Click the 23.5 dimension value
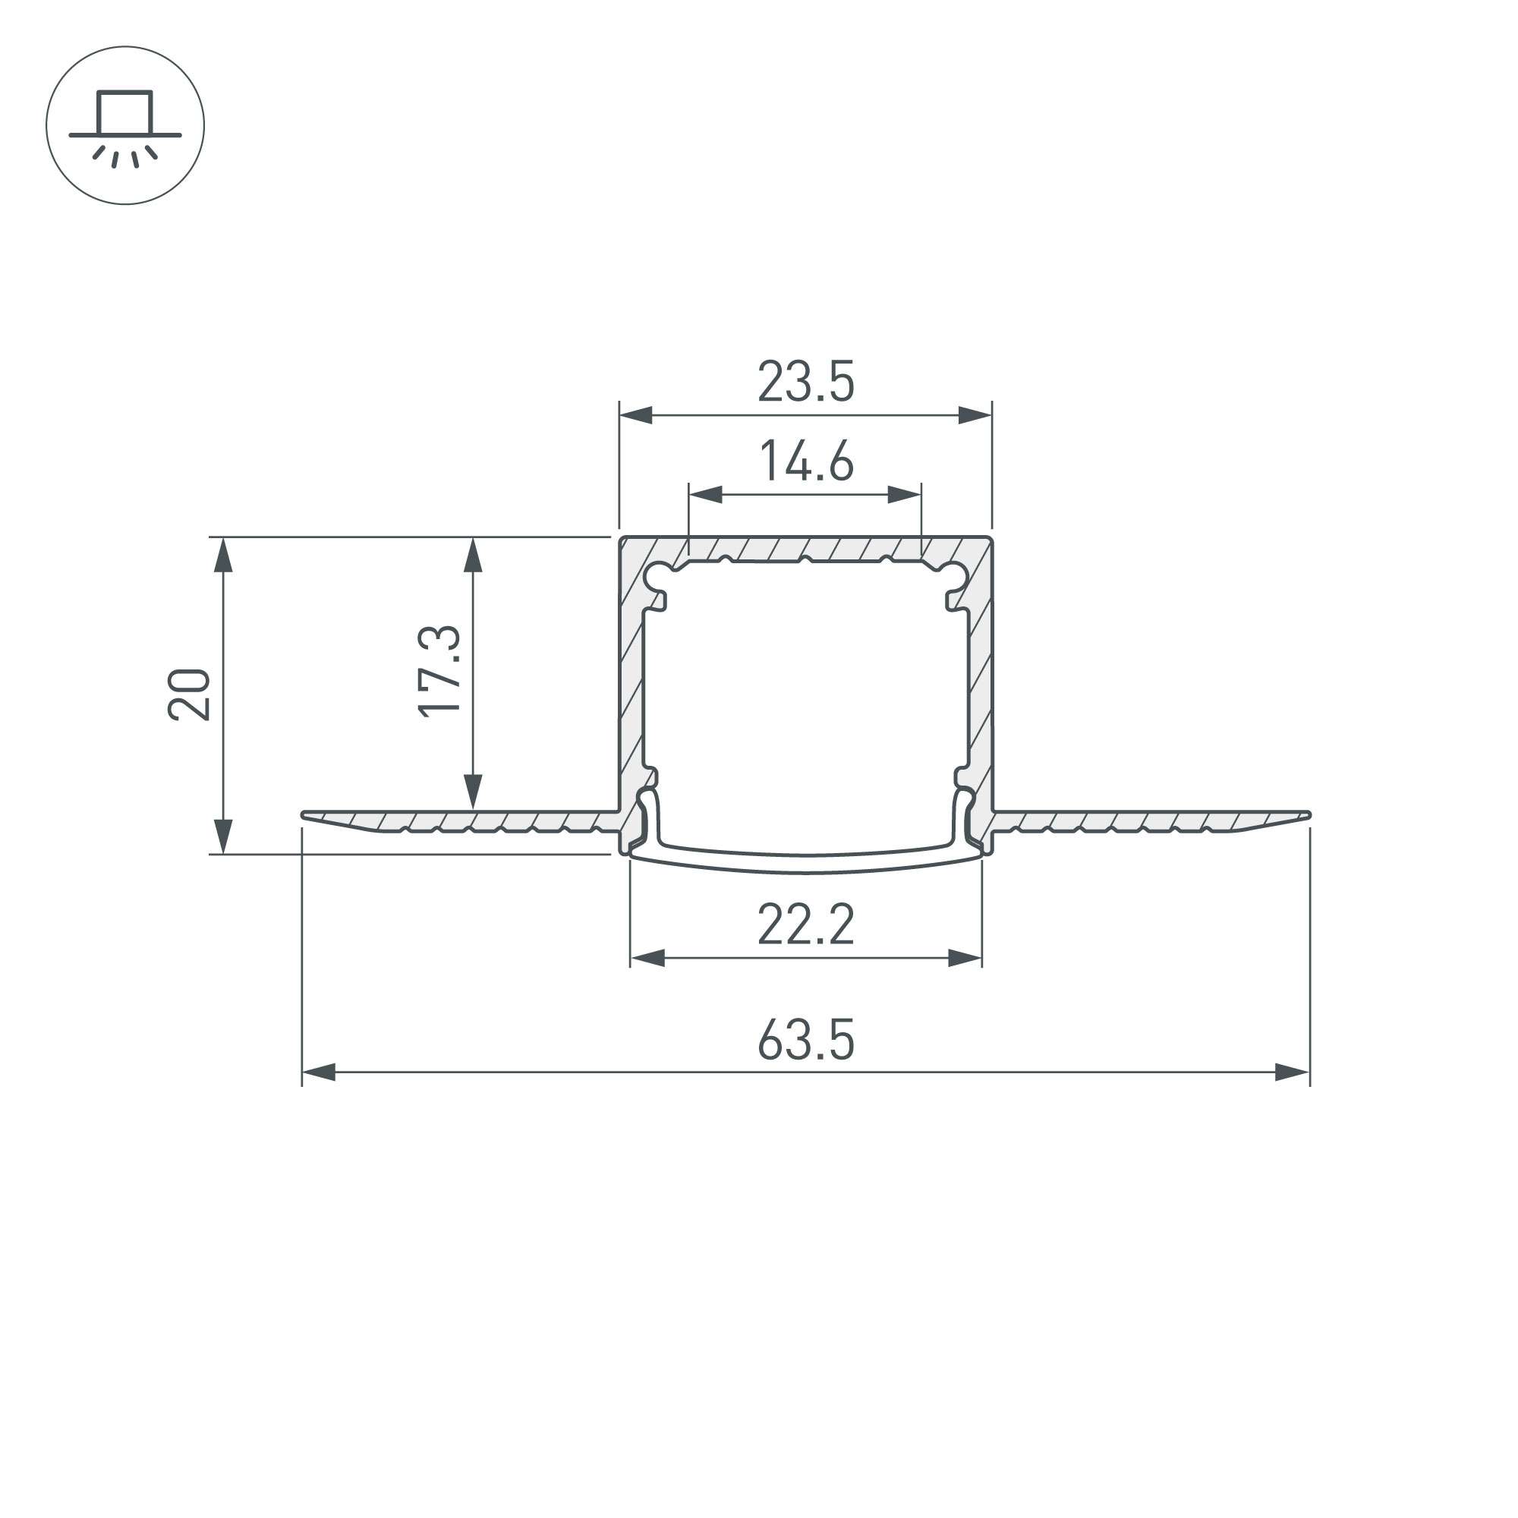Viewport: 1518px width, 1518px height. click(805, 382)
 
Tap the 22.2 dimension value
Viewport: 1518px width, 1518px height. click(805, 924)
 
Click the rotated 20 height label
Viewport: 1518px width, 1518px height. click(188, 694)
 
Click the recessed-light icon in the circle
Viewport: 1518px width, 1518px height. click(125, 128)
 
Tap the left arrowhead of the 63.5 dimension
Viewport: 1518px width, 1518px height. click(319, 1072)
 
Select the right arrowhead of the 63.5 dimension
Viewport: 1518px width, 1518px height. click(1293, 1072)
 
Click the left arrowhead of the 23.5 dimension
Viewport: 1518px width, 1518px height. click(635, 415)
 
